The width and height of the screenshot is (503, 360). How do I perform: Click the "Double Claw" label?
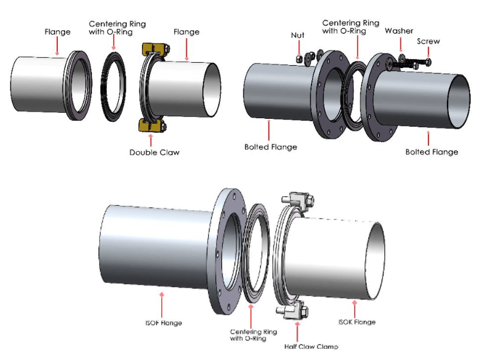pyautogui.click(x=155, y=152)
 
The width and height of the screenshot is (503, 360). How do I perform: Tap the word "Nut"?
pyautogui.click(x=297, y=35)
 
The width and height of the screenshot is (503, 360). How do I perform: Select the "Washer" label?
pyautogui.click(x=399, y=31)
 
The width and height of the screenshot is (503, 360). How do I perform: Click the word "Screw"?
pyautogui.click(x=428, y=41)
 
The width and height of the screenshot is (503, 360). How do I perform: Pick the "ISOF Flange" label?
pyautogui.click(x=163, y=323)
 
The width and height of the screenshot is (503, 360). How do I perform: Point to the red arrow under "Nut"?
pyautogui.click(x=298, y=47)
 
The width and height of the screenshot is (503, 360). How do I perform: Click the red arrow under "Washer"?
pyautogui.click(x=399, y=43)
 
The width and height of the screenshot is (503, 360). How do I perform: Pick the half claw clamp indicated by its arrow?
pyautogui.click(x=295, y=313)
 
